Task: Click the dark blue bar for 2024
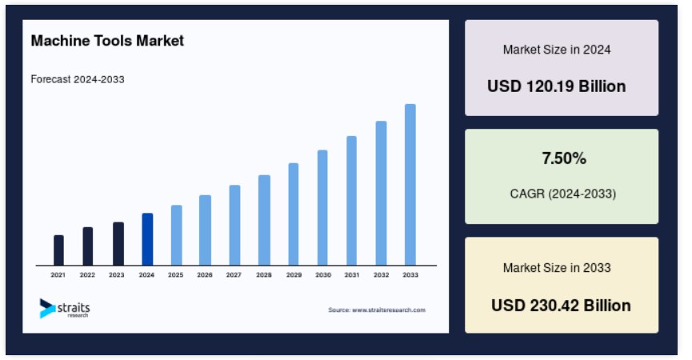(x=147, y=239)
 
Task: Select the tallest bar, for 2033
(x=410, y=185)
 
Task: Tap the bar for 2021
(x=58, y=250)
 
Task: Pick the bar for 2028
(x=264, y=220)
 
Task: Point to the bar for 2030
(x=322, y=208)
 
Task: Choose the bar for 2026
(x=206, y=230)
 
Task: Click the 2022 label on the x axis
(x=87, y=275)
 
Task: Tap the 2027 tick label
(x=234, y=275)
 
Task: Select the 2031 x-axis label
(x=352, y=275)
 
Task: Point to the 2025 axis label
(x=176, y=275)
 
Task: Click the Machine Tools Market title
(x=107, y=41)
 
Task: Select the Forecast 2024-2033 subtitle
(x=78, y=79)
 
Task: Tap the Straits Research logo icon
(x=47, y=308)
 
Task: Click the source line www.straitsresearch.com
(x=377, y=310)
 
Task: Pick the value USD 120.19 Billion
(x=557, y=86)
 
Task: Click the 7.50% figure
(x=564, y=158)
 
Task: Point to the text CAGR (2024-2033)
(x=562, y=194)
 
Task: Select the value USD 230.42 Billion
(x=561, y=306)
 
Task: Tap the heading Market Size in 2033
(x=557, y=268)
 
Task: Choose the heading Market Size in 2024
(x=557, y=50)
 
